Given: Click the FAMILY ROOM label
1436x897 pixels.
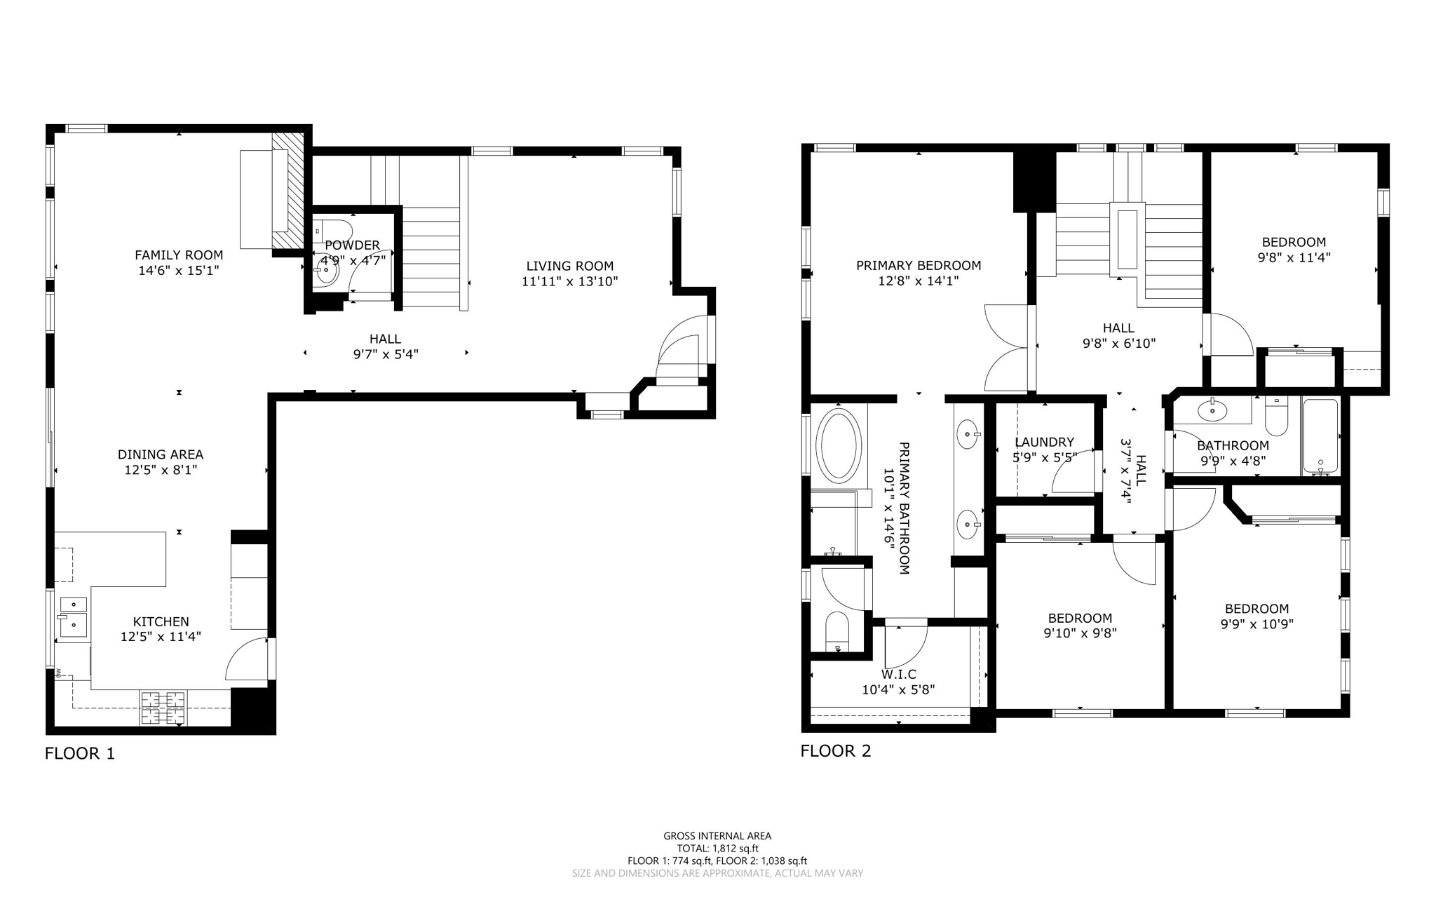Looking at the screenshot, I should [179, 255].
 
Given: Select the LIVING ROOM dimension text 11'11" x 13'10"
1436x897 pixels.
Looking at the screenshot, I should [569, 281].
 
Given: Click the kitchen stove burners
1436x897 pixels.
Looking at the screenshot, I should [163, 708].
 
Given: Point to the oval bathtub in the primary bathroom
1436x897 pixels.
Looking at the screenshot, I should [839, 446].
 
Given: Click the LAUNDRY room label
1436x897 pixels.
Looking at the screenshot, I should [1044, 442].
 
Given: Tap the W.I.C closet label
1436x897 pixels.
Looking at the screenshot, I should [898, 674].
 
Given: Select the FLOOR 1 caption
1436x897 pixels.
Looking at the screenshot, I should [79, 753].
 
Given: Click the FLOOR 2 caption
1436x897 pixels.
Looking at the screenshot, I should [835, 750].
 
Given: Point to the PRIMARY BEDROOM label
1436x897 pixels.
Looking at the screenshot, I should [918, 265].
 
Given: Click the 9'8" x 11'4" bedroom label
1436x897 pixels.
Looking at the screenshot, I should [1294, 242].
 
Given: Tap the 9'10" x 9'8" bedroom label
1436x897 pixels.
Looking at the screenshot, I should [1080, 618].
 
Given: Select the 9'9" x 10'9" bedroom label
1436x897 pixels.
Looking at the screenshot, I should [1256, 609].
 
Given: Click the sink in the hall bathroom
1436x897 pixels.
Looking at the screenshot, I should [1212, 410].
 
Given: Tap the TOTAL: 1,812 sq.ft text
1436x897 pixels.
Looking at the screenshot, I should [717, 848].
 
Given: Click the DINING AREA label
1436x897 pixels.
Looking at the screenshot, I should [161, 454].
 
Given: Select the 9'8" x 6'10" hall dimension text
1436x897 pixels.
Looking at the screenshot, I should [1118, 343].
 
